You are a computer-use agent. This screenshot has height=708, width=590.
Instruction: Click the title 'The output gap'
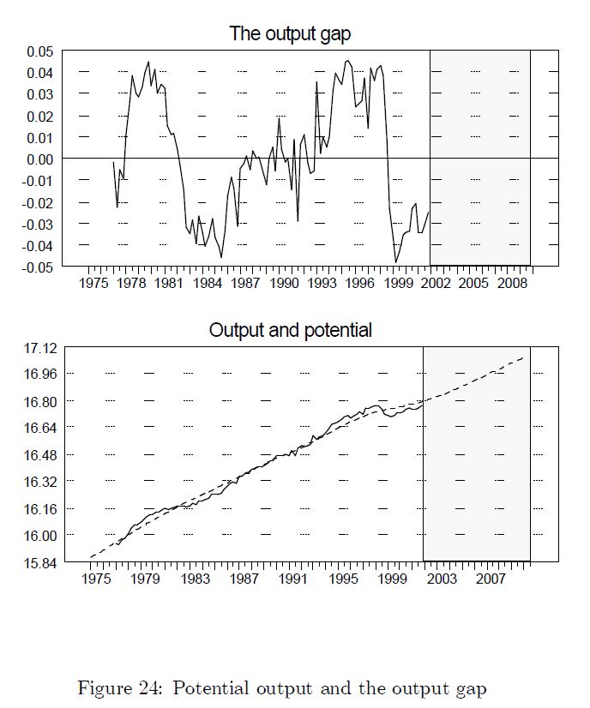point(290,34)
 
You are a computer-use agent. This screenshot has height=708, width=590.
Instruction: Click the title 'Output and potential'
point(290,330)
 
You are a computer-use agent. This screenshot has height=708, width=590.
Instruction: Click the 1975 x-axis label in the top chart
point(93,284)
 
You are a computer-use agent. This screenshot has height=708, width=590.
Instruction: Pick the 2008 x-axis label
point(513,284)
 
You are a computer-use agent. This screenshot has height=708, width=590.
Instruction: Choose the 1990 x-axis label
point(283,284)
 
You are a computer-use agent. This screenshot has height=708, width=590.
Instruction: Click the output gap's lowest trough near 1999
point(396,262)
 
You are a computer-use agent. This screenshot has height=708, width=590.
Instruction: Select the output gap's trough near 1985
point(221,257)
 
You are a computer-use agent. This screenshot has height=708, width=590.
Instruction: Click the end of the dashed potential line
point(523,357)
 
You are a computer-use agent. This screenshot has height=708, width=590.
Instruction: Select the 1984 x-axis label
point(207,284)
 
